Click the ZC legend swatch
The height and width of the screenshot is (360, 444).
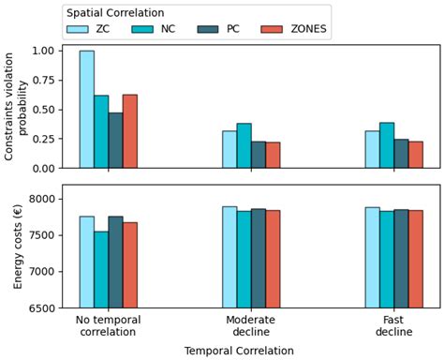click(x=82, y=30)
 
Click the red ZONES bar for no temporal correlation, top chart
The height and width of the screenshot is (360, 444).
click(x=130, y=131)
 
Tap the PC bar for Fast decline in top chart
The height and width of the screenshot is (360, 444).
click(x=401, y=153)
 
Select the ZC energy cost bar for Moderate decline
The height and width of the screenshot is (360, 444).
click(x=229, y=257)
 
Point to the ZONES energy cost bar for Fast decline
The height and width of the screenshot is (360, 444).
click(x=416, y=259)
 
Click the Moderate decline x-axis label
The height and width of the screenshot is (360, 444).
click(x=251, y=325)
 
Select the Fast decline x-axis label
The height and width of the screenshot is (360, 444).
click(x=393, y=325)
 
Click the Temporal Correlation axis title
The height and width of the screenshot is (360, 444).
click(x=239, y=351)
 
